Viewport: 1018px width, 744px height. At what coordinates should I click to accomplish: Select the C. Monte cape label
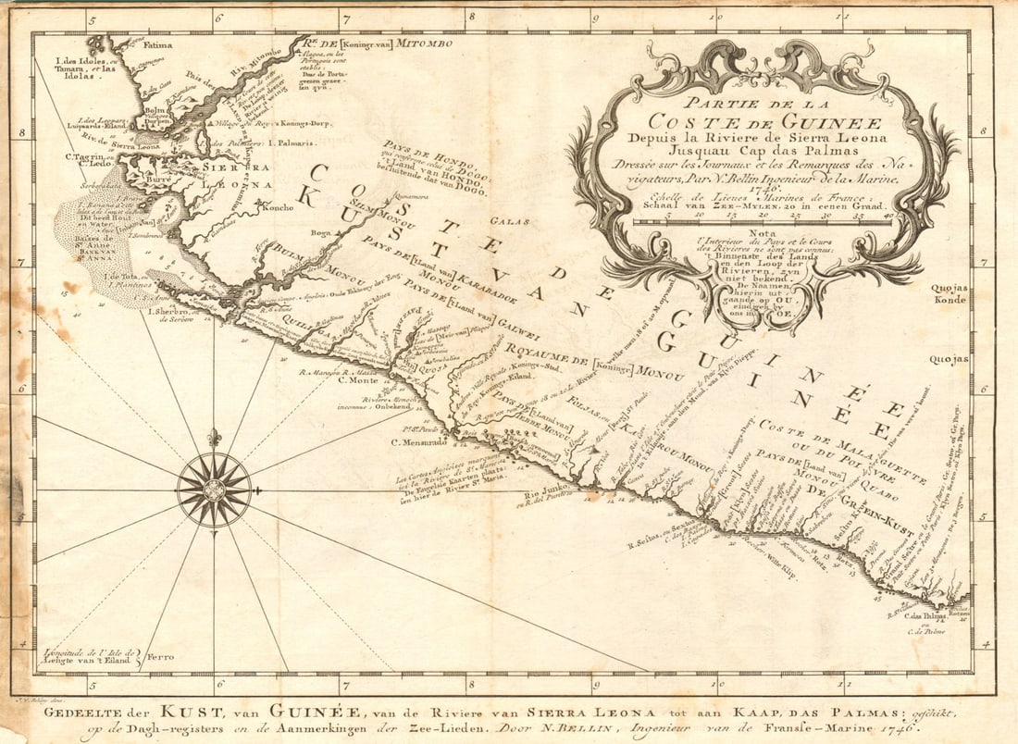(359, 380)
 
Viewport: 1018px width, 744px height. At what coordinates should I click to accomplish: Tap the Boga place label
(321, 234)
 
